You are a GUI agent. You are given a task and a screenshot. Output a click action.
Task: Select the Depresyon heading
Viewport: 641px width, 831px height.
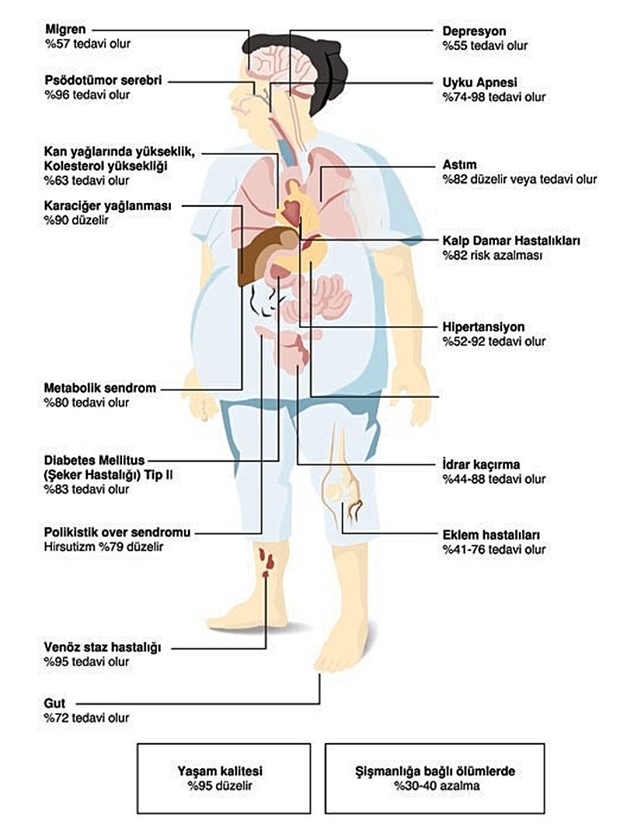click(474, 32)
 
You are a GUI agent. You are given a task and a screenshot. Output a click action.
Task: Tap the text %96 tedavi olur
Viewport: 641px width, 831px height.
click(87, 95)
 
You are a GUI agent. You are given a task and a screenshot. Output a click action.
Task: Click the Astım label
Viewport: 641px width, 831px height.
click(459, 165)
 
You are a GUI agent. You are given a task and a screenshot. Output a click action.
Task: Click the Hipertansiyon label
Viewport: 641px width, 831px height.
click(483, 326)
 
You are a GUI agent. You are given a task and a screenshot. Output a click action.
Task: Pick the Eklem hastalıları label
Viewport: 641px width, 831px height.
click(491, 536)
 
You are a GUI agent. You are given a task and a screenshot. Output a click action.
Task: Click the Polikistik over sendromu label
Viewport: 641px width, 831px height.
click(117, 532)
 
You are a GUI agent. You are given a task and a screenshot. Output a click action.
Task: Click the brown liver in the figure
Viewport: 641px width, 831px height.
click(256, 253)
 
